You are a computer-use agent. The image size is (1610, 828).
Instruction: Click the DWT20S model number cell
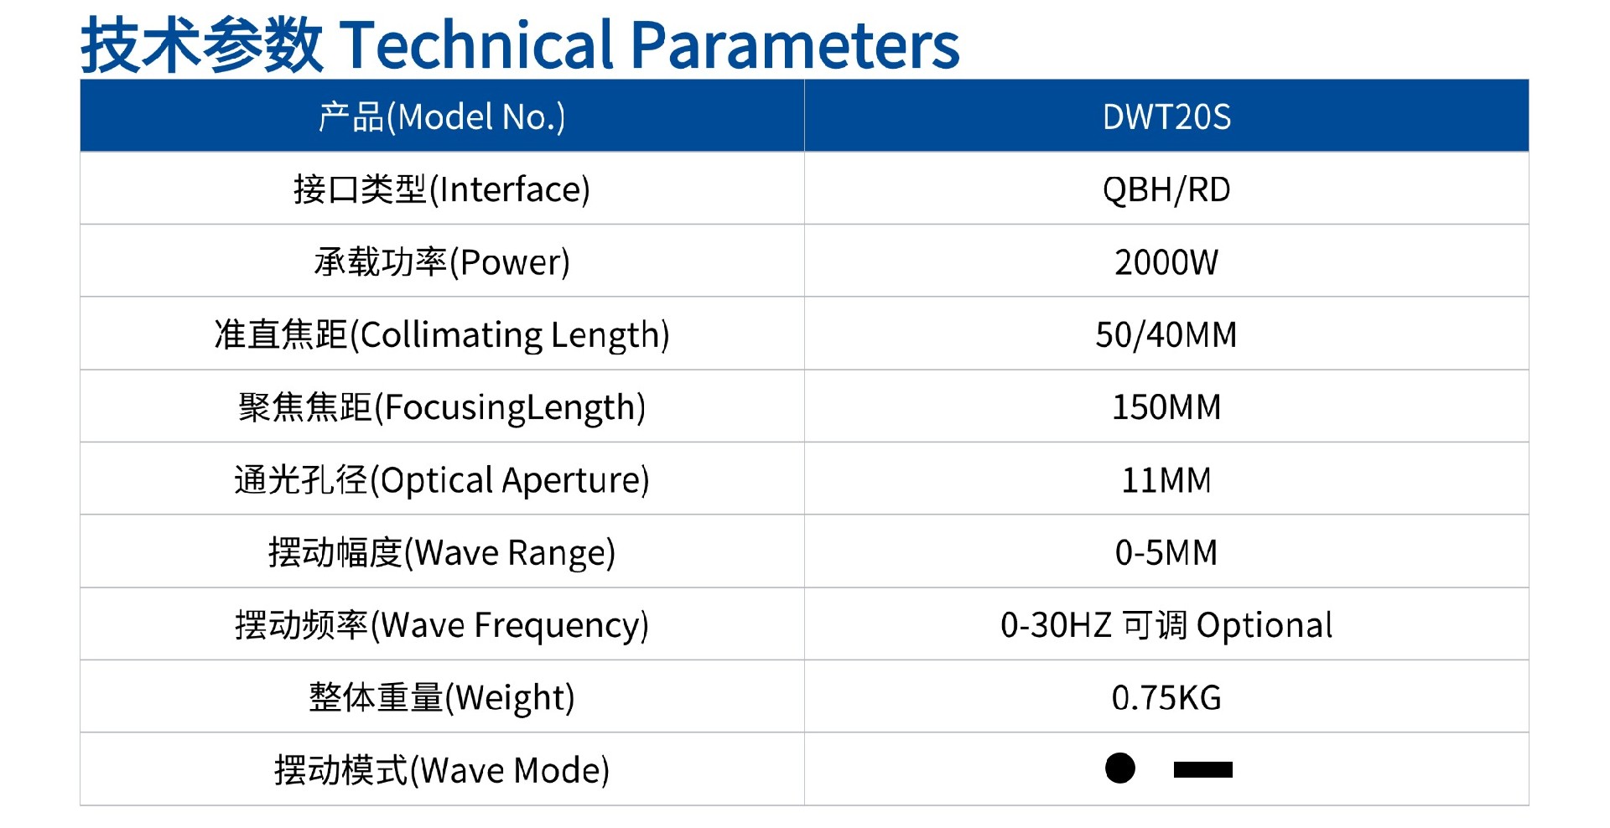click(1166, 116)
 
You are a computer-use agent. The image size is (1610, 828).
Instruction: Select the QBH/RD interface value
click(1166, 189)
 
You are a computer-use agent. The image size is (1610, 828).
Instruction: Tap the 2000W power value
click(1166, 262)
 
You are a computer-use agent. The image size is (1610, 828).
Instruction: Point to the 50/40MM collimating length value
click(1166, 334)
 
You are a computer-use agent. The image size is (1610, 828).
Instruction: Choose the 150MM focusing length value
click(1166, 407)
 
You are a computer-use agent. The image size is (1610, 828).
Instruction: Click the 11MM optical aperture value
click(1166, 480)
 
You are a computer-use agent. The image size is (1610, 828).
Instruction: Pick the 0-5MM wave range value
click(1166, 552)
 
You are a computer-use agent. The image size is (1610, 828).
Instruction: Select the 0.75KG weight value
click(1166, 697)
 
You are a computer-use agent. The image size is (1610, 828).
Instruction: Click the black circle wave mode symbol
click(1120, 768)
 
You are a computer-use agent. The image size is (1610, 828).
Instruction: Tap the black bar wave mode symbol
click(1203, 769)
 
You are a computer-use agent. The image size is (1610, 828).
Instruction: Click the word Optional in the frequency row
click(1265, 626)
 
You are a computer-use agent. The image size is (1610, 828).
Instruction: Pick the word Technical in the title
click(478, 44)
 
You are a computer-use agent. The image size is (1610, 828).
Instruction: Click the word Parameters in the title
click(795, 44)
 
